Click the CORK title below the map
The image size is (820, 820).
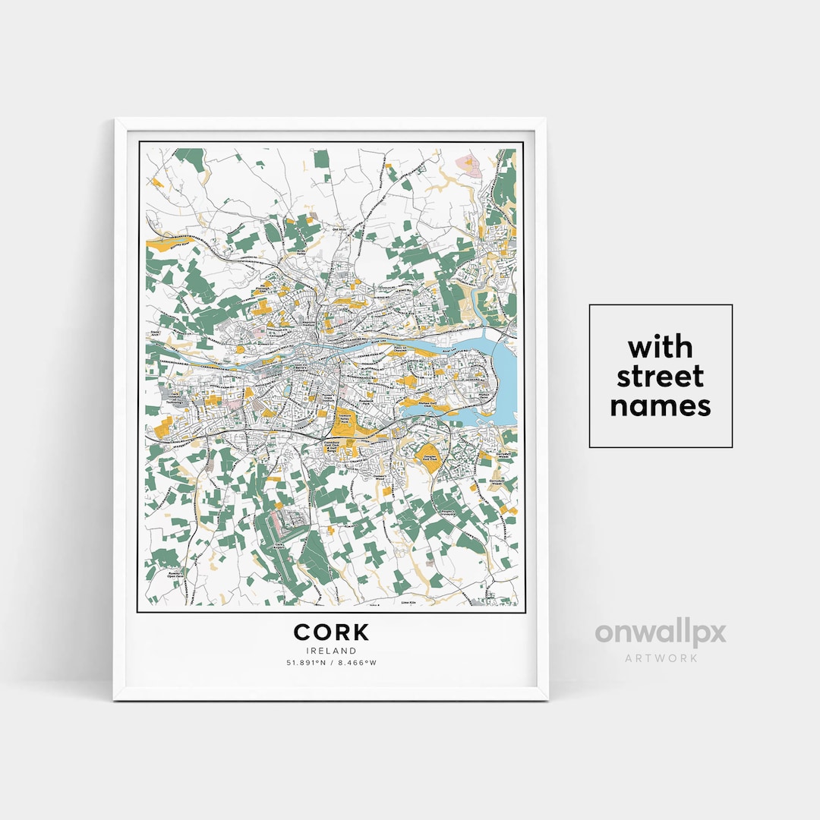331,632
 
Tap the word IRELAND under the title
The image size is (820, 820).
331,651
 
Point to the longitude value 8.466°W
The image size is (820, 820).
358,663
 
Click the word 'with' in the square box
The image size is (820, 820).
661,348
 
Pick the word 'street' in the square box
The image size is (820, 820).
661,377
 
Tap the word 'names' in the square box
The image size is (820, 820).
661,405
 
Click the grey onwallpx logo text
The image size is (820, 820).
660,632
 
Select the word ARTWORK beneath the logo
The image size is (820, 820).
661,658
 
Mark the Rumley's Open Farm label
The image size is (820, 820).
176,575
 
